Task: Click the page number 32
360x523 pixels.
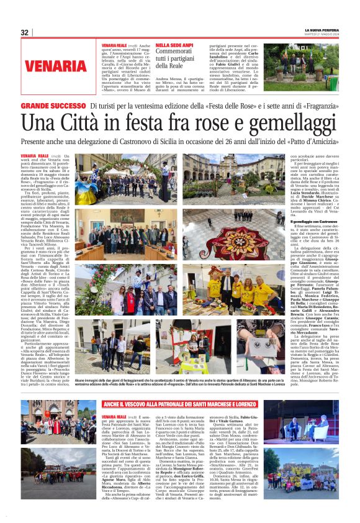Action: (x=24, y=32)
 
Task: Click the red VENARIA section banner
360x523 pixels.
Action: (x=56, y=65)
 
